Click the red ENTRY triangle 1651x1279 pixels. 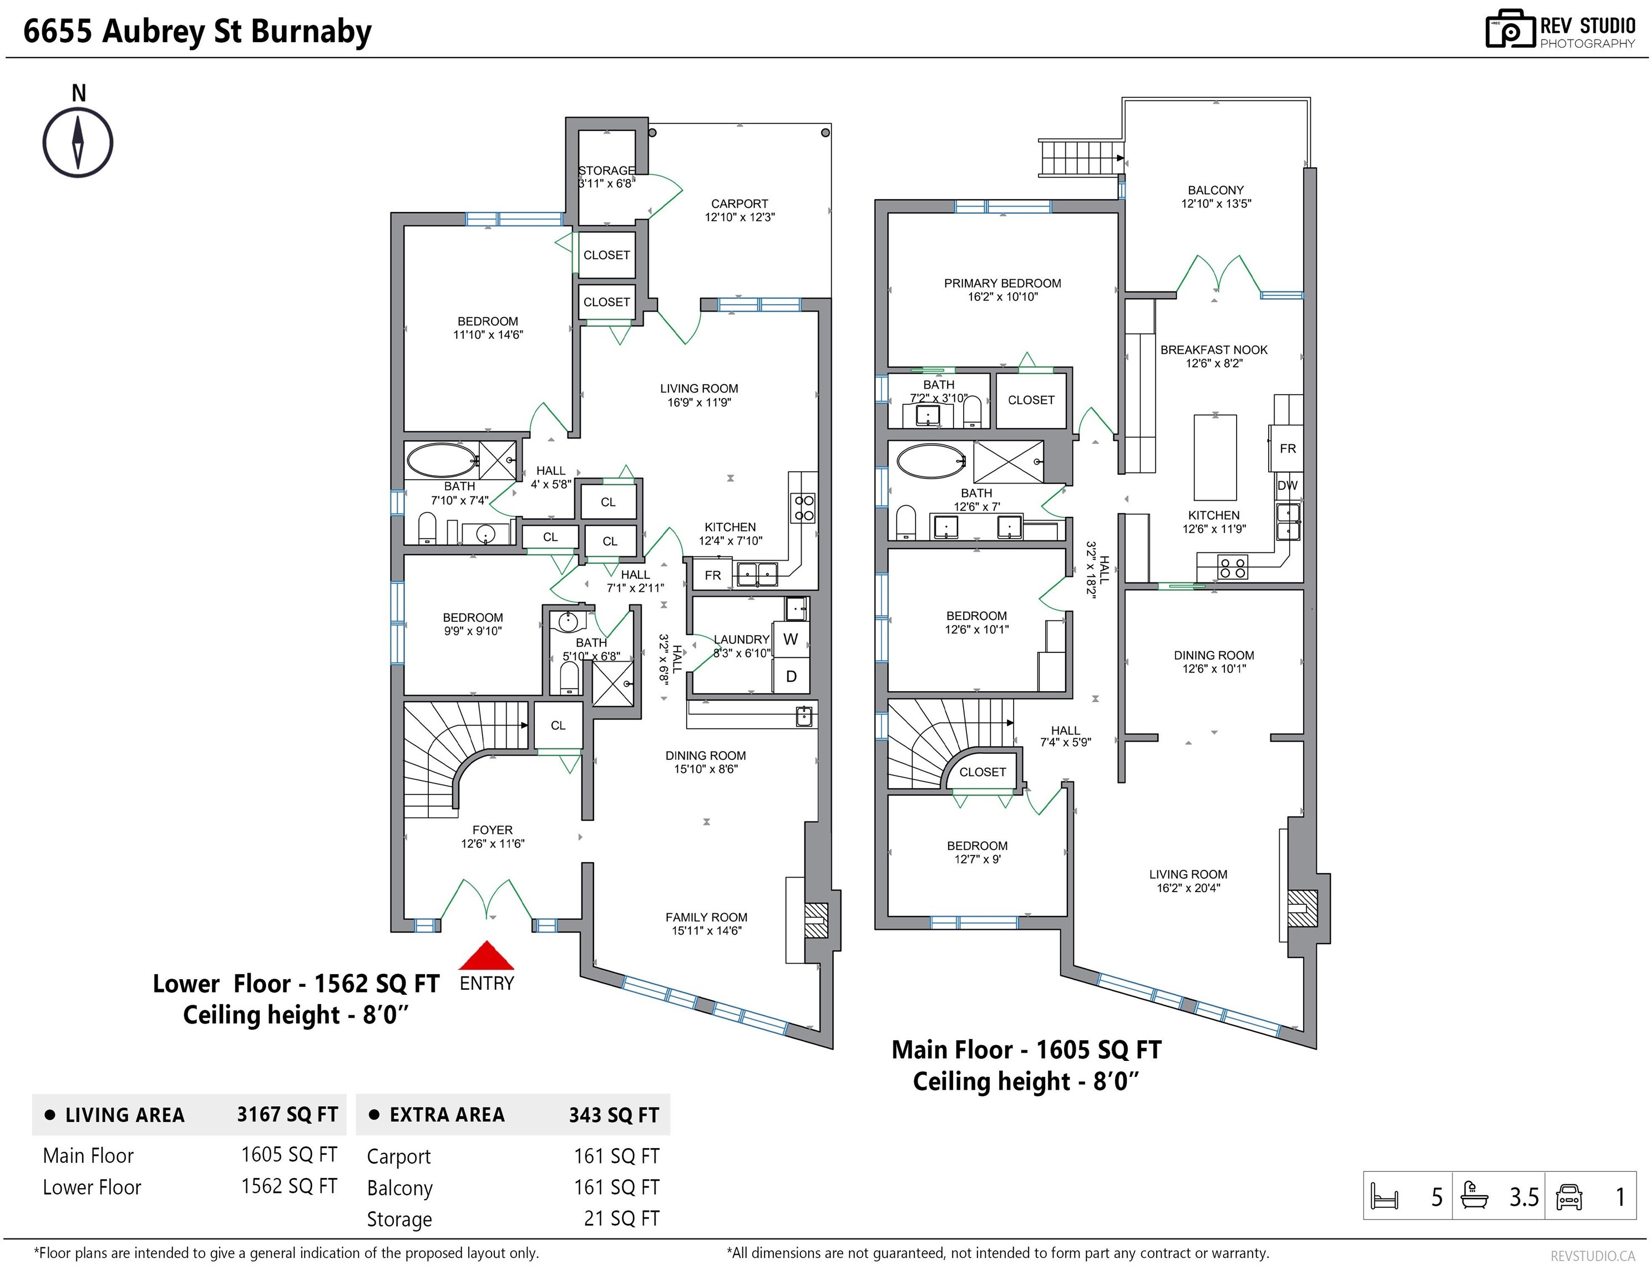(x=487, y=956)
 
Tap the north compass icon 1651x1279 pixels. (x=78, y=142)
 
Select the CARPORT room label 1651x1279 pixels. (x=740, y=204)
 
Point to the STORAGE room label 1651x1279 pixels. (x=606, y=170)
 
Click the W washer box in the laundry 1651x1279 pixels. (x=791, y=639)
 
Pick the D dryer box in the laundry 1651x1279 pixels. (x=791, y=676)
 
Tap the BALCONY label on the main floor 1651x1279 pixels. (x=1216, y=190)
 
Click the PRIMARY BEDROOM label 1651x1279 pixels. (x=1002, y=283)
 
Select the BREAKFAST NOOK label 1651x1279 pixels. (x=1214, y=349)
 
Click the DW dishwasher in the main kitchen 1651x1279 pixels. (x=1288, y=486)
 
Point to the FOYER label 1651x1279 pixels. (x=493, y=830)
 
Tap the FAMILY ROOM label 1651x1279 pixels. (x=706, y=917)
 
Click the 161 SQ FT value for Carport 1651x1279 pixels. (x=616, y=1156)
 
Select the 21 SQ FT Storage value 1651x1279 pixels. (x=621, y=1218)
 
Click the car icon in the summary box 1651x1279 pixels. (x=1569, y=1196)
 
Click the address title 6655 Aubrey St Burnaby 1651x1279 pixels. (x=197, y=32)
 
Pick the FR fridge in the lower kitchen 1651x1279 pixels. (x=712, y=575)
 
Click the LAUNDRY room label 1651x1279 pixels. (x=742, y=639)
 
